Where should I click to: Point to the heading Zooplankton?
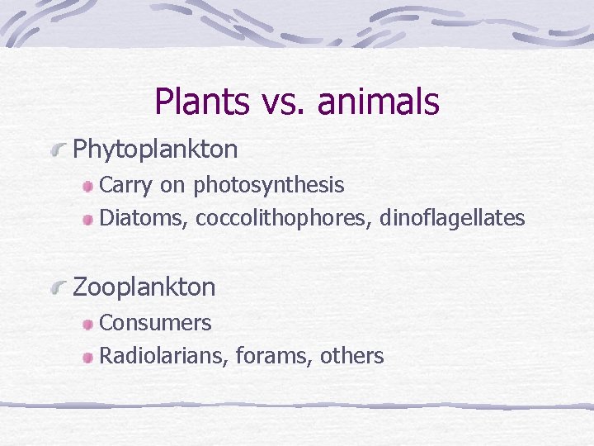144,287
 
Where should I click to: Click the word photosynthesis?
268,186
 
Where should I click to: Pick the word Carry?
125,186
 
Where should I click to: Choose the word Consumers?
155,323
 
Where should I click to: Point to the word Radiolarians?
163,356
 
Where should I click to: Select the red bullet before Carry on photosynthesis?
87,187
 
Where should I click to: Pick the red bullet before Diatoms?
87,220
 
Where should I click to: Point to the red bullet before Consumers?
87,325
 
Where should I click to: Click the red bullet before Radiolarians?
87,358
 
